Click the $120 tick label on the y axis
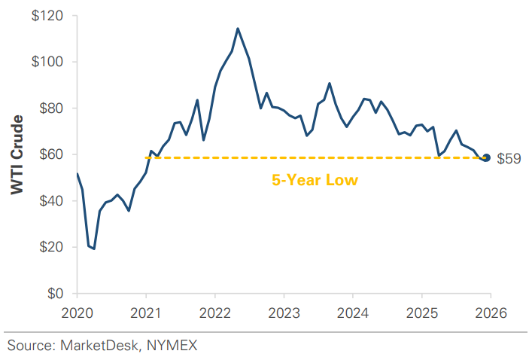click(48, 15)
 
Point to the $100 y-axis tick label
click(48, 62)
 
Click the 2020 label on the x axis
click(77, 312)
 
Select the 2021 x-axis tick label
click(145, 312)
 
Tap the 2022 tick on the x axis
click(214, 312)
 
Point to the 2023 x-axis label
click(284, 312)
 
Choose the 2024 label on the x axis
click(352, 312)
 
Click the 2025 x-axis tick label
click(421, 312)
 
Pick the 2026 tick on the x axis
click(490, 312)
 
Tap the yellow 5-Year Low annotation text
click(315, 181)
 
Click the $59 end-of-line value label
click(509, 158)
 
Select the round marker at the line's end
click(486, 157)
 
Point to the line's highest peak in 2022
click(238, 29)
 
